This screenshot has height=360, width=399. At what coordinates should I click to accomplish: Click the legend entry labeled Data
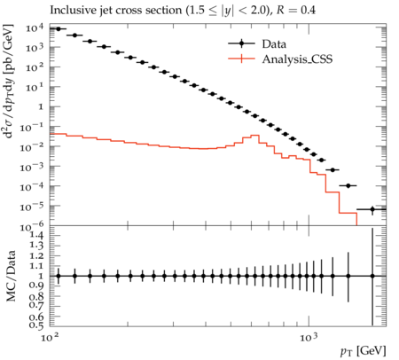[274, 44]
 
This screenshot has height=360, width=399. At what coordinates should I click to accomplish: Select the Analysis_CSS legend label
[297, 59]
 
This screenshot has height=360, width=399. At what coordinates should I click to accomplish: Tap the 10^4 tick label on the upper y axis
[35, 27]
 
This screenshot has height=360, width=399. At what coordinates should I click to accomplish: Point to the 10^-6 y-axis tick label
[35, 227]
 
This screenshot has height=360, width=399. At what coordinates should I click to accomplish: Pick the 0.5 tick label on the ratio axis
[36, 325]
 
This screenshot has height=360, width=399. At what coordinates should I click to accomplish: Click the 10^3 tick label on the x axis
[309, 337]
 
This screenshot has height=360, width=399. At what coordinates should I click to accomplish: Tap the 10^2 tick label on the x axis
[50, 337]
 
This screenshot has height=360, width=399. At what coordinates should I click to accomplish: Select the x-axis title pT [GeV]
[363, 351]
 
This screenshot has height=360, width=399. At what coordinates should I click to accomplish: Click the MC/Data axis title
[11, 276]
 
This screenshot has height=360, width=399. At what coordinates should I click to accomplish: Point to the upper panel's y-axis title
[9, 81]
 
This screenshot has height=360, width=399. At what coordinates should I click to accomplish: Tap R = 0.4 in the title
[296, 10]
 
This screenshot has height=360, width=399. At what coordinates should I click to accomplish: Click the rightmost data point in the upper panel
[372, 209]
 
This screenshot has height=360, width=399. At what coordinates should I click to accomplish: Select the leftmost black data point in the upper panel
[59, 29]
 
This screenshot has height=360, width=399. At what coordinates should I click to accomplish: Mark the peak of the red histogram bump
[254, 135]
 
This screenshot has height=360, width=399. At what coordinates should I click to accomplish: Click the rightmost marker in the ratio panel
[372, 276]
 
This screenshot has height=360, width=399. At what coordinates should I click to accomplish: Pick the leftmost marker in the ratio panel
[59, 276]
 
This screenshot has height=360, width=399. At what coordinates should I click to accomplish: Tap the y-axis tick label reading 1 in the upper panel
[41, 106]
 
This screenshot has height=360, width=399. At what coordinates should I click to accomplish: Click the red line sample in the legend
[241, 59]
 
